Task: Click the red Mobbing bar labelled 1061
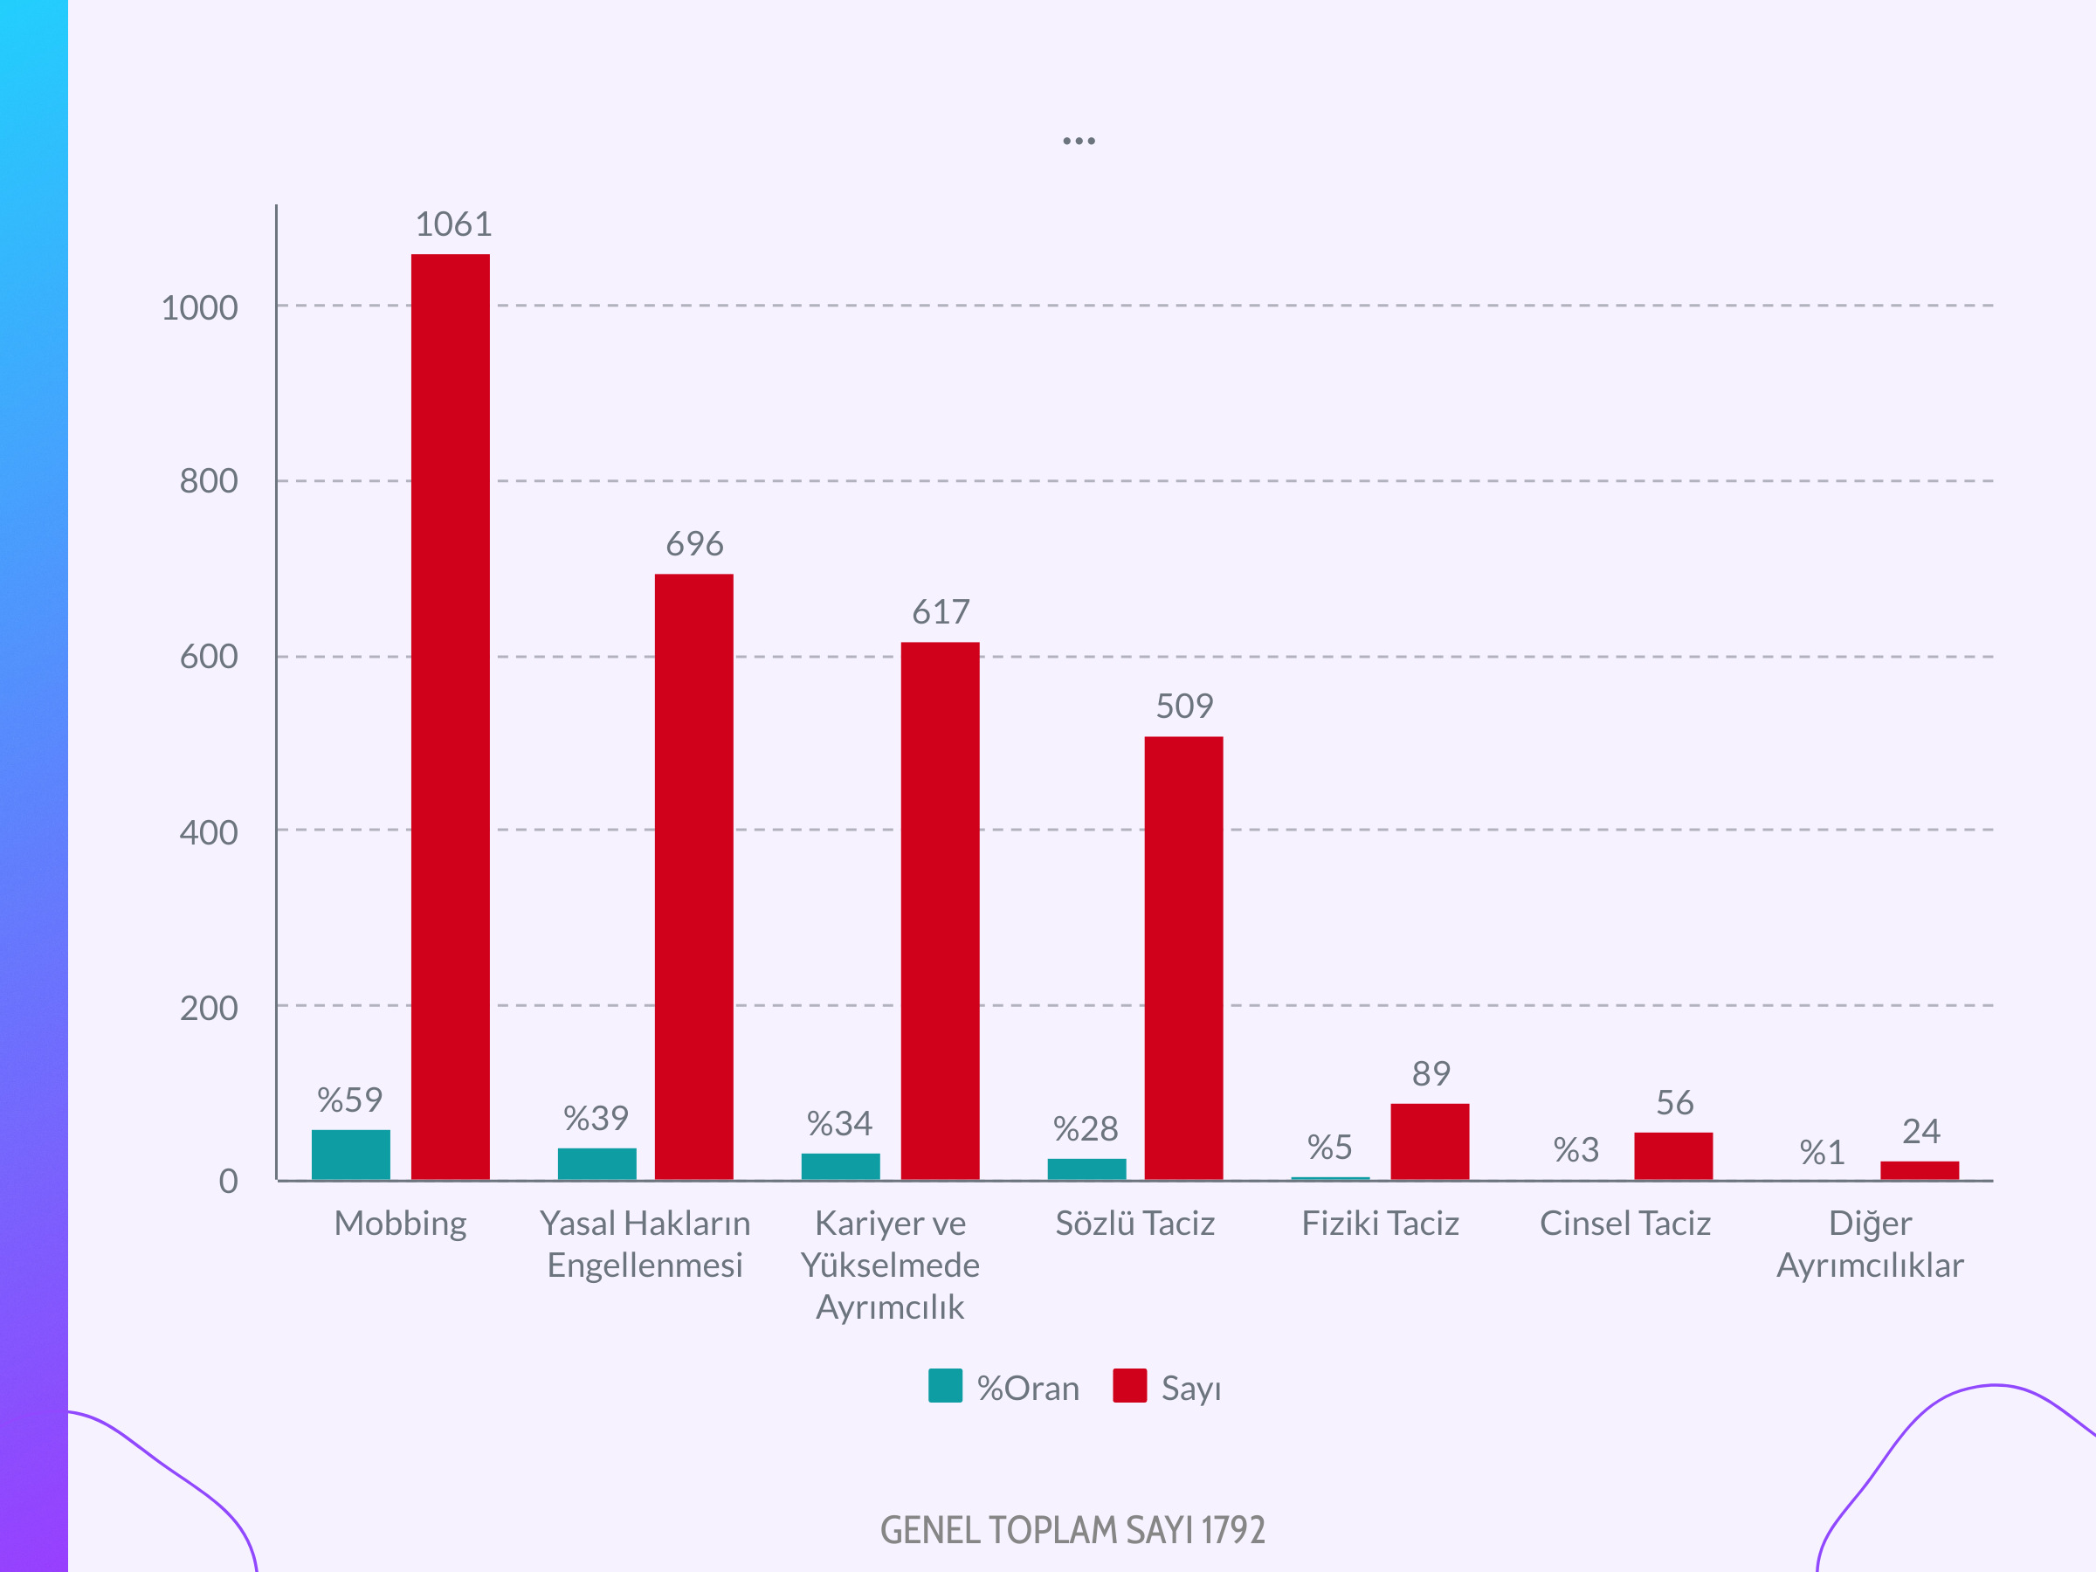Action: [x=450, y=716]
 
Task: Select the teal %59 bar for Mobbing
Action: [x=350, y=1155]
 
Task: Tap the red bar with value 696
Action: [x=693, y=877]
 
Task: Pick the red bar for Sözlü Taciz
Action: [x=1183, y=957]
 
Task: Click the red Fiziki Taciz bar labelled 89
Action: [x=1430, y=1141]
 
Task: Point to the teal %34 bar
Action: [x=840, y=1166]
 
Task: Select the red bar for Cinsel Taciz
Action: [x=1673, y=1155]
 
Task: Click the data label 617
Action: [x=941, y=612]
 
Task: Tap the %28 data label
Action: [x=1086, y=1128]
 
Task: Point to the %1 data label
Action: [x=1822, y=1152]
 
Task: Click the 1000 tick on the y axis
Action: [x=200, y=308]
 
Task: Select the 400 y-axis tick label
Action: [x=209, y=833]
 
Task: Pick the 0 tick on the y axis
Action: [x=228, y=1182]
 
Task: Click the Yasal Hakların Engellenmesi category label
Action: [x=645, y=1244]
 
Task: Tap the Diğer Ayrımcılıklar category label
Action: [x=1870, y=1244]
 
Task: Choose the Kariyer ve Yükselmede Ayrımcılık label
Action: [x=891, y=1264]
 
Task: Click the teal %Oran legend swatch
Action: [x=945, y=1385]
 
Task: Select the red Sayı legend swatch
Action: [x=1129, y=1385]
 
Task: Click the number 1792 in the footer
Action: [x=1233, y=1530]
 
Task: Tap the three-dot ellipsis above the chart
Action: [x=1079, y=141]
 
